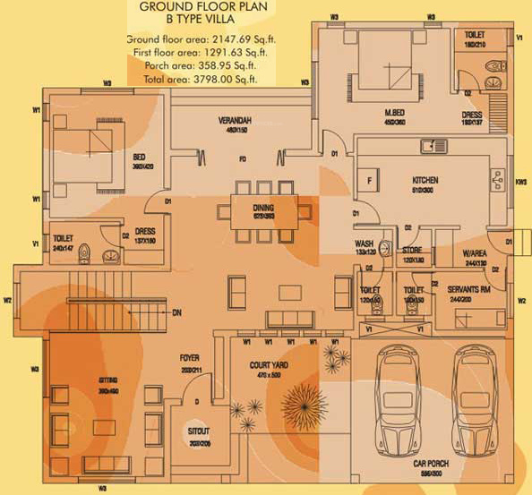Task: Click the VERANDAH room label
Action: point(235,120)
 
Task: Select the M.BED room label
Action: point(394,113)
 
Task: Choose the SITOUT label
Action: point(199,431)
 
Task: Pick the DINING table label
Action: point(262,208)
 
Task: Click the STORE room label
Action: point(412,252)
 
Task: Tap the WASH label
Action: point(364,243)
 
